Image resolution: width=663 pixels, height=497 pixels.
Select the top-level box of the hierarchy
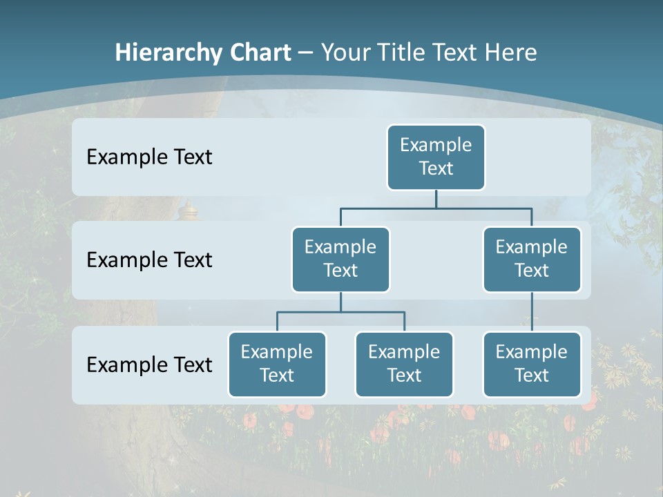pos(436,157)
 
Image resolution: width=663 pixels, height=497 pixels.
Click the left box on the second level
pos(340,259)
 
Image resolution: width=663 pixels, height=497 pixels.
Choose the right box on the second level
pos(532,259)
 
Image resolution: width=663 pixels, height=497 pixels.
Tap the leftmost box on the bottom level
pos(277,364)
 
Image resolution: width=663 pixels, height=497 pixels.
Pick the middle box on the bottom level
pos(404,364)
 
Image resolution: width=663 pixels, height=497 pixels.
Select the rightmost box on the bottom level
pos(532,364)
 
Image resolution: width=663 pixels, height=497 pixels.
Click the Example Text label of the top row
pos(149,157)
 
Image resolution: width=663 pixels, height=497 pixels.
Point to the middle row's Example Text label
pos(149,260)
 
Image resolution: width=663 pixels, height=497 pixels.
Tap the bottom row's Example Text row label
pos(149,364)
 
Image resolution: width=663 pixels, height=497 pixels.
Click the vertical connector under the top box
pos(436,199)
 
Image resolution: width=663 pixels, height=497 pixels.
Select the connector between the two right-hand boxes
pos(532,311)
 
